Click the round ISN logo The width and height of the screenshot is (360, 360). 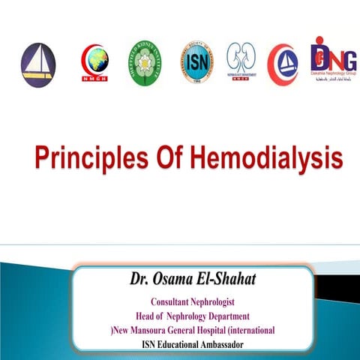click(x=196, y=62)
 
